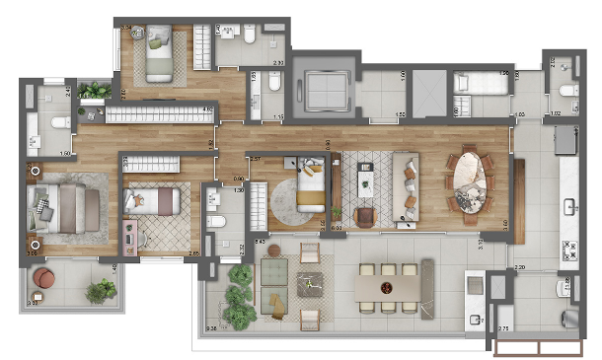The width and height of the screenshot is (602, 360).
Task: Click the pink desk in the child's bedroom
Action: pos(130,238)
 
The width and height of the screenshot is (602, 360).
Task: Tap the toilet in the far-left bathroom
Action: pos(59,122)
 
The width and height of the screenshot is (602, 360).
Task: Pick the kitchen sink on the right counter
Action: pos(570,207)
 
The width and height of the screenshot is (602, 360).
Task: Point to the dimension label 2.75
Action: pos(504,327)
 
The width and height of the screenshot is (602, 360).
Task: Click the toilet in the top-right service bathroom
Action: pos(567,92)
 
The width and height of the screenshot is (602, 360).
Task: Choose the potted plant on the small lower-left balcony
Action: pos(100,290)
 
